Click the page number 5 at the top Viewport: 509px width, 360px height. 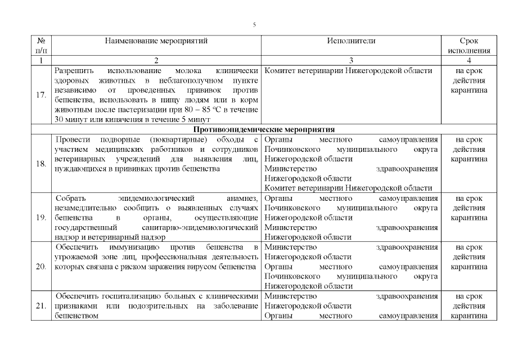[x=255, y=25]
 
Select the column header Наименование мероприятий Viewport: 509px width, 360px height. [x=156, y=41]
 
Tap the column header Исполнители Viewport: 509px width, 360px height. [x=351, y=41]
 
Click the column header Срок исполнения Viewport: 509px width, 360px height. [x=469, y=46]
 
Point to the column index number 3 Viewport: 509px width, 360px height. [x=351, y=60]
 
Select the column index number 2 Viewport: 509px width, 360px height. [x=156, y=60]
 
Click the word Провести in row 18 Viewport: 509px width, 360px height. [x=74, y=139]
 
